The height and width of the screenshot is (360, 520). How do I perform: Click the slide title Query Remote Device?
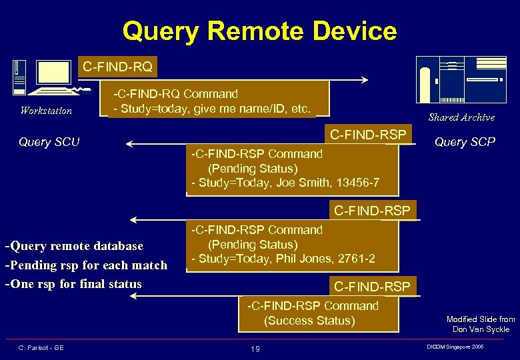259,31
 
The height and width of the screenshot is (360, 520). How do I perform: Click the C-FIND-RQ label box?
117,67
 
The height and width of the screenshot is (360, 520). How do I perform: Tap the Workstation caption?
46,111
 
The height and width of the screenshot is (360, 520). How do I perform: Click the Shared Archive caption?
461,117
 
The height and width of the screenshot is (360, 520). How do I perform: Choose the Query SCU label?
49,141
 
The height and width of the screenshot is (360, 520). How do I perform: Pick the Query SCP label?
465,141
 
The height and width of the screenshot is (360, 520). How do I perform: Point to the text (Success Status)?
309,321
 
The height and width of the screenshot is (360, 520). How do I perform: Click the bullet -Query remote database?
74,246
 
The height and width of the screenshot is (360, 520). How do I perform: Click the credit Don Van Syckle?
481,329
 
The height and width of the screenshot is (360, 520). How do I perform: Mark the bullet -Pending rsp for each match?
86,265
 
